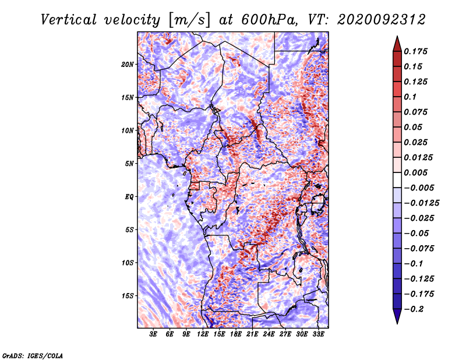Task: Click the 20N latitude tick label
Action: (128, 65)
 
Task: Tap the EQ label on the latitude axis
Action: (129, 197)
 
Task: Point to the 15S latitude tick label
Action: (128, 296)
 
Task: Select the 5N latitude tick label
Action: (129, 164)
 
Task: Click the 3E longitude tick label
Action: (153, 334)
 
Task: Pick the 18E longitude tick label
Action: (236, 334)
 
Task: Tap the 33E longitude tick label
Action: (318, 334)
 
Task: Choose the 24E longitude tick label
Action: (269, 334)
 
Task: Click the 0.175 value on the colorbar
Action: (415, 51)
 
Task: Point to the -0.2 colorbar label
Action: (414, 309)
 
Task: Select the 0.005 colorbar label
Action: (415, 172)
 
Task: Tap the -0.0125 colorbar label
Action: (421, 203)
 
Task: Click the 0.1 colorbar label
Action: (410, 97)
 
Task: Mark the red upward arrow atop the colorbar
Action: (397, 44)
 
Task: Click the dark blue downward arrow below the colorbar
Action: (397, 316)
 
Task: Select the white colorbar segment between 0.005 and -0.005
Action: (397, 180)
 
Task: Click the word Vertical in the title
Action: (69, 20)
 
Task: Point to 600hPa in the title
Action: (269, 20)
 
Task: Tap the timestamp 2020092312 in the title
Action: (382, 20)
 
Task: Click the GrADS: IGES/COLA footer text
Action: (33, 355)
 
